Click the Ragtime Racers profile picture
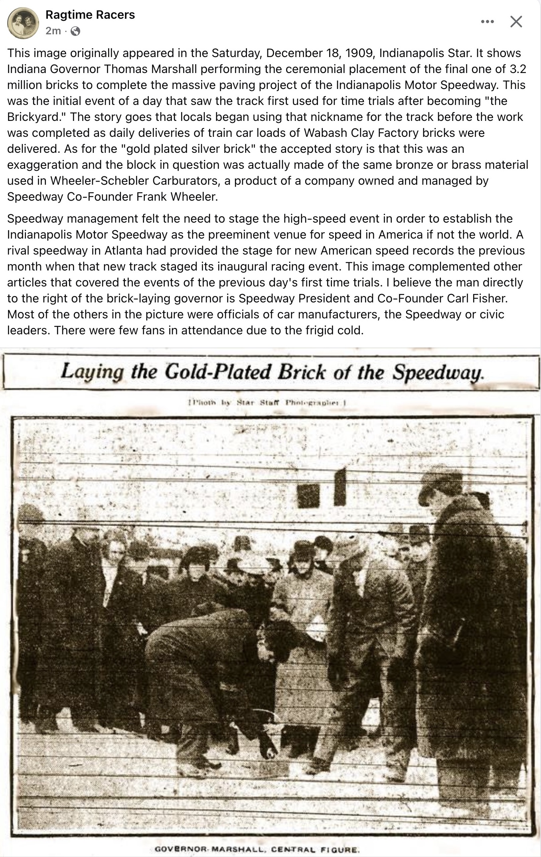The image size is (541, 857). (23, 23)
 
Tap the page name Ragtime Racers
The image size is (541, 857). (90, 15)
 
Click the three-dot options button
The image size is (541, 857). (487, 22)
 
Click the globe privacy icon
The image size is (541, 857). (75, 31)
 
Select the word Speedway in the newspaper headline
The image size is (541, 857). (438, 373)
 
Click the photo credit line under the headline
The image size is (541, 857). (267, 403)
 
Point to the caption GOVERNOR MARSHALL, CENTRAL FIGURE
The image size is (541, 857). (257, 849)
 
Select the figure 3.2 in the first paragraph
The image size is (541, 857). (518, 69)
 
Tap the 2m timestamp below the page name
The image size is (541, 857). (53, 31)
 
